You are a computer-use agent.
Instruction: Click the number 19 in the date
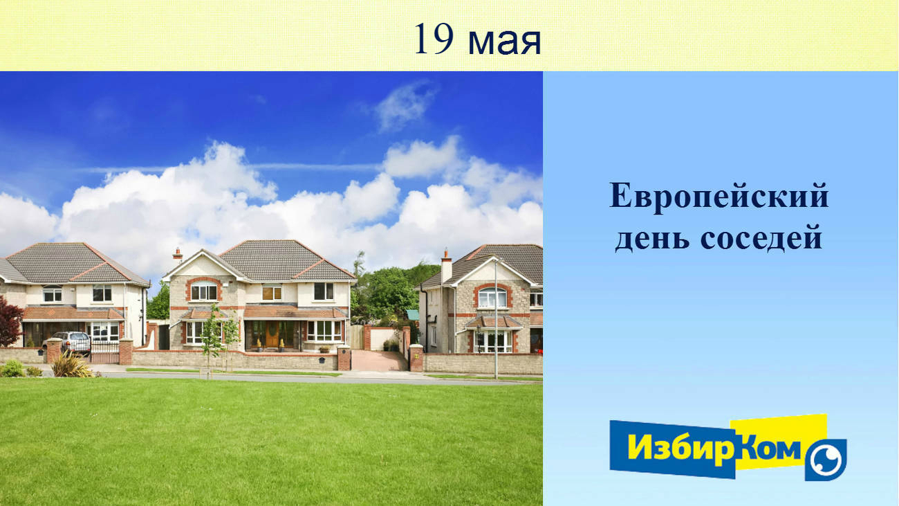pos(434,39)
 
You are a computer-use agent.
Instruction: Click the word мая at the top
pos(505,42)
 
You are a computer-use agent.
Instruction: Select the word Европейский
pos(719,196)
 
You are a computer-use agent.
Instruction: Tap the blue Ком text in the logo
pos(769,449)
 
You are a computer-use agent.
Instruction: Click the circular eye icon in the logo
pos(826,460)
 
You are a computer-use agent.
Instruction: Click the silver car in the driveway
pos(68,343)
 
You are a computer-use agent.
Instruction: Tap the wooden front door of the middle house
pos(272,334)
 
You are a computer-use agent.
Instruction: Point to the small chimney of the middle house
pos(178,255)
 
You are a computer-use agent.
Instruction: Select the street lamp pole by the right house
pos(496,319)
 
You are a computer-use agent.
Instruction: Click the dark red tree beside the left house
pos(10,321)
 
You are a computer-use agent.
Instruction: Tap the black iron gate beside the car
pos(104,352)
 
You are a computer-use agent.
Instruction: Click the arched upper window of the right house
pos(492,297)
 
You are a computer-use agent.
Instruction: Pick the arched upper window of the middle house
pos(204,290)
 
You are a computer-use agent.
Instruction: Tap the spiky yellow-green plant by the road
pos(72,365)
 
